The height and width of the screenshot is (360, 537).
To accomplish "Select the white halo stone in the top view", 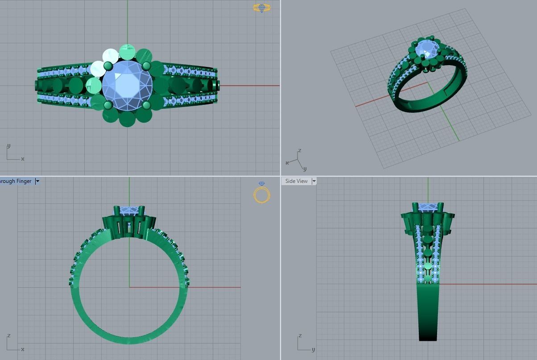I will [110, 56].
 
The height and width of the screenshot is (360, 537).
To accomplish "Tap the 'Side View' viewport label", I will [296, 181].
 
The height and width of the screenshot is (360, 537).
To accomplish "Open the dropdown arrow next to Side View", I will [314, 181].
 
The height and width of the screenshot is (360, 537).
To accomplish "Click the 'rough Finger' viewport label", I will [16, 181].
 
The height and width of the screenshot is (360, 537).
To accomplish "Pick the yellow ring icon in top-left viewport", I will [261, 8].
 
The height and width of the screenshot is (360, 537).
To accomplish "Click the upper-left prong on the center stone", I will [108, 66].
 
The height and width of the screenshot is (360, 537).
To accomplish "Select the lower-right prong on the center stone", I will [147, 105].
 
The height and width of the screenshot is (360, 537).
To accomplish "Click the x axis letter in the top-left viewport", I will [23, 159].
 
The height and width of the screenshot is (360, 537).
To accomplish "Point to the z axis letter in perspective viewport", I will [300, 151].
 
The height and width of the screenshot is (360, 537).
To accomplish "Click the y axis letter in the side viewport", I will [314, 350].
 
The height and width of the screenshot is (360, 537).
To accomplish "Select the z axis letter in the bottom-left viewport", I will [8, 335].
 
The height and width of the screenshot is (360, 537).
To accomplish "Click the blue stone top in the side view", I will [428, 207].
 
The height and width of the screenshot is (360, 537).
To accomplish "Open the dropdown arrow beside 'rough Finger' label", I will [37, 181].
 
